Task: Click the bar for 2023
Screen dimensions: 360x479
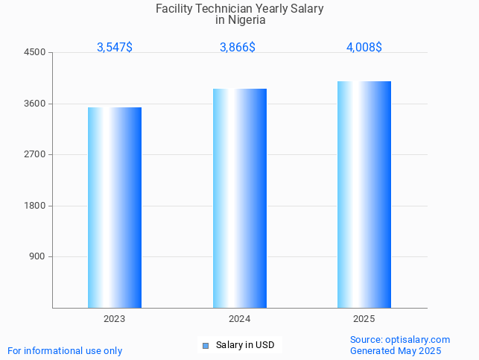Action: pyautogui.click(x=115, y=207)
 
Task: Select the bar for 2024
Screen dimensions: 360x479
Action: pyautogui.click(x=240, y=198)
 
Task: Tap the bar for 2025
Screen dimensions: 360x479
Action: pyautogui.click(x=364, y=195)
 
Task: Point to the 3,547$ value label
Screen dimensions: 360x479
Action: pyautogui.click(x=115, y=48)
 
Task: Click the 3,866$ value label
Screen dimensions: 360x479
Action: pyautogui.click(x=238, y=48)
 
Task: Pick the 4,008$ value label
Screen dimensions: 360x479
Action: pyautogui.click(x=364, y=48)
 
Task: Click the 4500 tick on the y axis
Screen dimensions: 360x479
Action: pyautogui.click(x=35, y=53)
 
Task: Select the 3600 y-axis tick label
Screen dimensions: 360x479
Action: pyautogui.click(x=35, y=104)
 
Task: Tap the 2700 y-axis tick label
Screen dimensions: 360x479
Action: pyautogui.click(x=35, y=154)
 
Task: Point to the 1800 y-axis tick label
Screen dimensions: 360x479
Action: pyautogui.click(x=35, y=206)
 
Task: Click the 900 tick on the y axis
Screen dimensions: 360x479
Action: pyautogui.click(x=37, y=256)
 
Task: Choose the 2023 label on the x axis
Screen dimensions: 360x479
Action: pyautogui.click(x=115, y=319)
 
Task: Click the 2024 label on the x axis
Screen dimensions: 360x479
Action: pyautogui.click(x=240, y=319)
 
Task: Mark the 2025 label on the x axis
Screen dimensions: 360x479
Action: pyautogui.click(x=364, y=319)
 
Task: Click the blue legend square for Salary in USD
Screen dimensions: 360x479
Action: pyautogui.click(x=206, y=345)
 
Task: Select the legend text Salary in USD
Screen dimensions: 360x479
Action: pyautogui.click(x=245, y=345)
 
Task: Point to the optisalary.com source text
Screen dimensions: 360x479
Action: pyautogui.click(x=417, y=340)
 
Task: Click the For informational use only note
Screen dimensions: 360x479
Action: pyautogui.click(x=65, y=351)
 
